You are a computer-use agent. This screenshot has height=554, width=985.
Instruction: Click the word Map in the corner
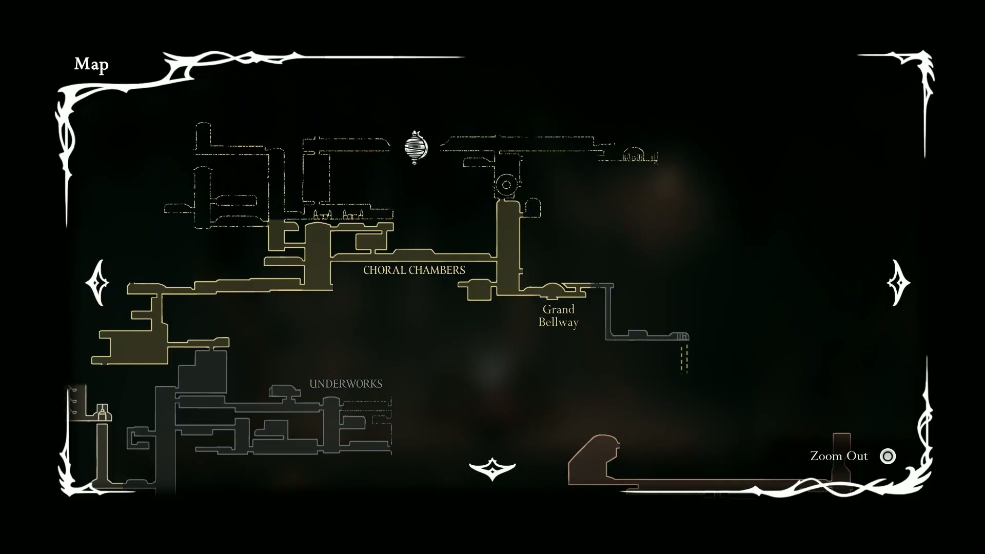pos(91,64)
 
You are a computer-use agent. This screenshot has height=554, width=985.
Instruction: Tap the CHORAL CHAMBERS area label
pos(414,270)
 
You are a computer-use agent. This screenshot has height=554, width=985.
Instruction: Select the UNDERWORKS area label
pos(346,384)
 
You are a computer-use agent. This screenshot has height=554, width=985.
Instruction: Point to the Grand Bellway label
pos(558,315)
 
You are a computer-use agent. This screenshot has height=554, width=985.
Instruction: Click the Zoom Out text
pos(839,456)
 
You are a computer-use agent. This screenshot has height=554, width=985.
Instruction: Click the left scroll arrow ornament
pos(97,283)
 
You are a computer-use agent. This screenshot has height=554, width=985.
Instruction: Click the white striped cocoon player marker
pos(416,147)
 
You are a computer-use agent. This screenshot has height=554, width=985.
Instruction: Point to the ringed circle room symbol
pos(507,185)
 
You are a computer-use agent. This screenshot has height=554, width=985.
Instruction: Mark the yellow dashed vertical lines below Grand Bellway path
pos(684,358)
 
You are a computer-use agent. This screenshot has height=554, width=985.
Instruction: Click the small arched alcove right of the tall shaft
pos(533,208)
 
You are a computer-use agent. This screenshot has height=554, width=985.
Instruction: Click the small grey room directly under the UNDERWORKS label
pos(285,392)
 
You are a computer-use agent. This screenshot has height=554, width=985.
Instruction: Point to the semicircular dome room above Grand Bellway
pos(553,289)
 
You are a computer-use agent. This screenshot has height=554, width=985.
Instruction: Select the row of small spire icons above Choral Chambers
pos(339,214)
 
